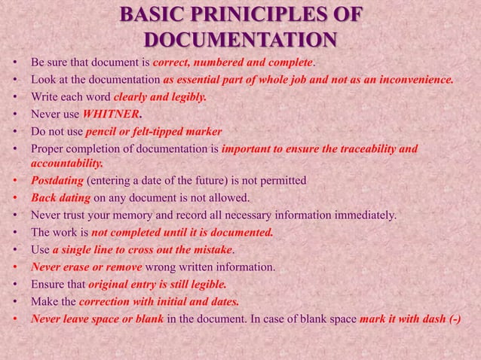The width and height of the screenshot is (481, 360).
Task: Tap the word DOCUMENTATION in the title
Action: point(240,39)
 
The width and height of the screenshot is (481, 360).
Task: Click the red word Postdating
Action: point(57,181)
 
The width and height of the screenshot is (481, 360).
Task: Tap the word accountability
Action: point(66,163)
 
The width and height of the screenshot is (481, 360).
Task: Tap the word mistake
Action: point(213,249)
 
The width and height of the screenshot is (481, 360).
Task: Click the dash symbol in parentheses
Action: point(454,319)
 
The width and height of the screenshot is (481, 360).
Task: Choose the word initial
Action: point(178,302)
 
